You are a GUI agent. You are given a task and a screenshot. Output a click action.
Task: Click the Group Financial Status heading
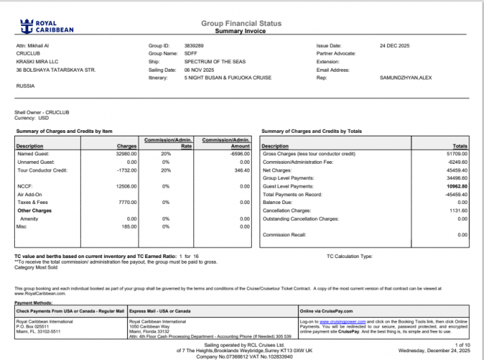241,23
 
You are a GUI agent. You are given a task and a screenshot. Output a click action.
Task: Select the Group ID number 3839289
194,45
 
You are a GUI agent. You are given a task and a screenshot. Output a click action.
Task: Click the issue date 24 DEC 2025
393,45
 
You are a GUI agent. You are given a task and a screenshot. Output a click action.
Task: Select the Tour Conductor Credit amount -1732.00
127,169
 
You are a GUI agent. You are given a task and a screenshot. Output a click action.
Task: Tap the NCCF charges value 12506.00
126,186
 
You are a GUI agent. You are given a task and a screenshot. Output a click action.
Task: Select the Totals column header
459,146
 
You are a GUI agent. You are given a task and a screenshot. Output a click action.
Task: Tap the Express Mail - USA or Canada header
160,310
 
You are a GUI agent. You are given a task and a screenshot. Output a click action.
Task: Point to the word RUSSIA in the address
25,85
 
